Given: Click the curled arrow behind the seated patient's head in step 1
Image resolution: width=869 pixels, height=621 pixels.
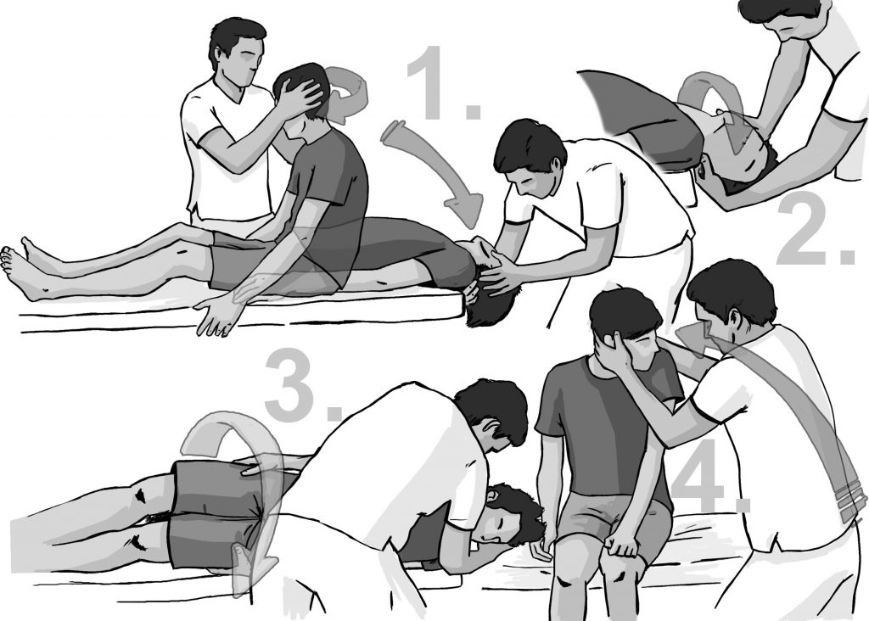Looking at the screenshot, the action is pyautogui.click(x=348, y=93).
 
